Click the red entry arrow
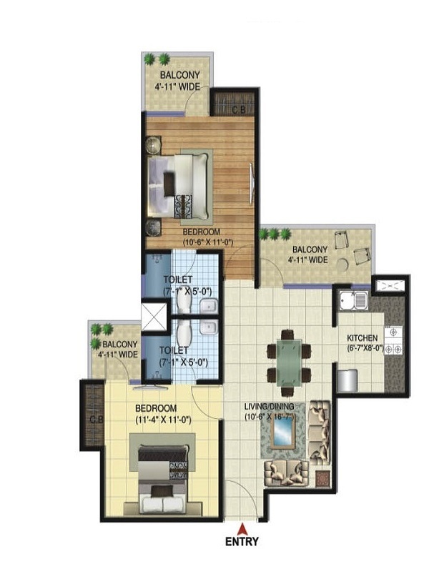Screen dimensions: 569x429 pos(243,528)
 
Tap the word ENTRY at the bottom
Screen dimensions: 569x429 pos(243,542)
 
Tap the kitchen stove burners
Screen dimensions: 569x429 pos(394,342)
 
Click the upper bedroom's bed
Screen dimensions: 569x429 pos(182,184)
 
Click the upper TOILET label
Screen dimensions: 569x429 pos(177,279)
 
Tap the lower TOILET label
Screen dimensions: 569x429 pos(174,350)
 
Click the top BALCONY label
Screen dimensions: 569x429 pos(179,75)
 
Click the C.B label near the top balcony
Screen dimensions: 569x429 pos(240,109)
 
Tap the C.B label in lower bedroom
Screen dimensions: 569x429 pos(94,420)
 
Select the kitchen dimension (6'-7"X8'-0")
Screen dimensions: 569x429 pos(365,349)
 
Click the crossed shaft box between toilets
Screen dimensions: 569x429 pos(154,317)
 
